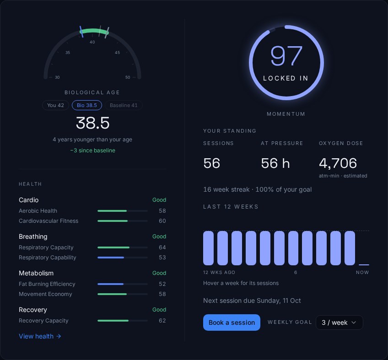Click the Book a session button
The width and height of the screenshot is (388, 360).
pos(232,322)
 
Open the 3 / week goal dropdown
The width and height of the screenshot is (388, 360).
pos(339,322)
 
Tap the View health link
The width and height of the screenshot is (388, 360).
pos(40,336)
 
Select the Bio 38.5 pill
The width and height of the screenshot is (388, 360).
pos(86,105)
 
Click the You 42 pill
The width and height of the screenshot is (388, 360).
pos(55,105)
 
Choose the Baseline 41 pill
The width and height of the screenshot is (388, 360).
pos(124,105)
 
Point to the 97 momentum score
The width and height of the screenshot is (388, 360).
pos(286,56)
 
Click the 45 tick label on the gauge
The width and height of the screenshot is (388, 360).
pos(117,53)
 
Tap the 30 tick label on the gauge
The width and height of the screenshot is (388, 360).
pos(57,77)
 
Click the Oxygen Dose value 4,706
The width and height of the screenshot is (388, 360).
pos(338,163)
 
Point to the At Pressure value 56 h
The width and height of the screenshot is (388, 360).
pos(275,163)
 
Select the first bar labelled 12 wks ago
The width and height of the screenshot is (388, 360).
pos(208,248)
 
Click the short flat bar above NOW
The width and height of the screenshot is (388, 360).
pos(364,265)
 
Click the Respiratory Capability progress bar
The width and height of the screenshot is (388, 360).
pos(123,258)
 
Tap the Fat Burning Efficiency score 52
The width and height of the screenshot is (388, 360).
pos(162,284)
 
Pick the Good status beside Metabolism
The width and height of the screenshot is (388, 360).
pos(159,273)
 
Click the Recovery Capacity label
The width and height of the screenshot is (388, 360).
pos(43,321)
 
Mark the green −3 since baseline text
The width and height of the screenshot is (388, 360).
pos(92,150)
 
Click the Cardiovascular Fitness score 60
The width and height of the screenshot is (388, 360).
pos(162,221)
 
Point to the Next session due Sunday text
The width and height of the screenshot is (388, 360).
pos(252,301)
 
